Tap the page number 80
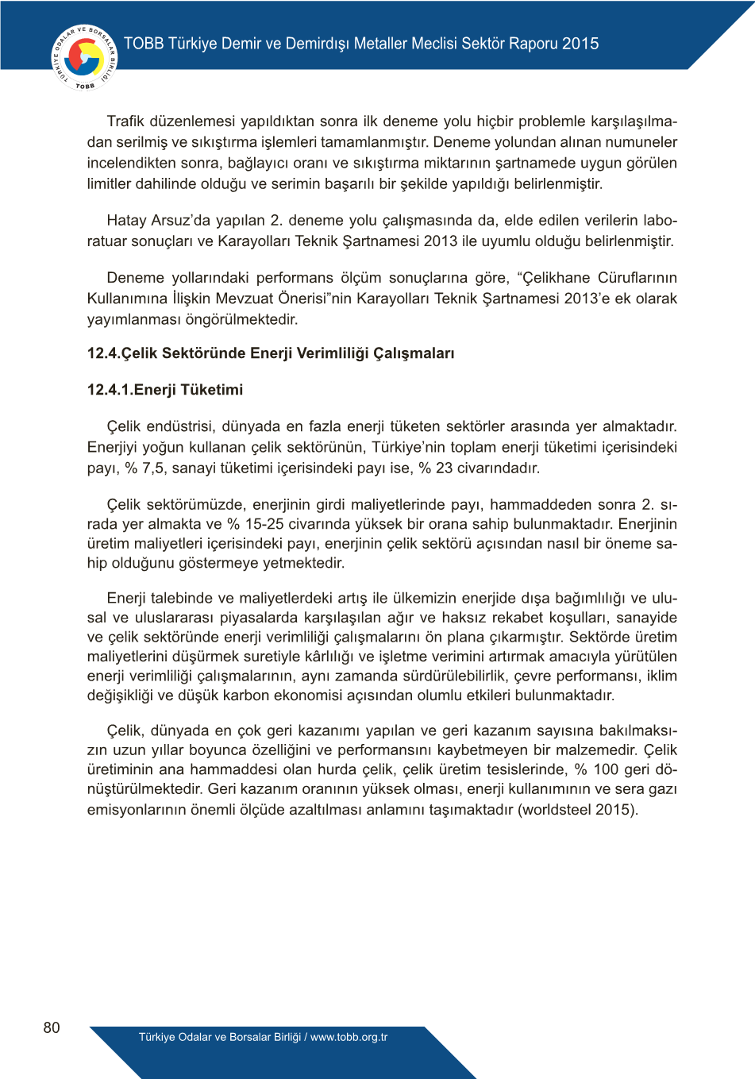52,1027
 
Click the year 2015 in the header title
580,44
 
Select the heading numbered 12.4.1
165,390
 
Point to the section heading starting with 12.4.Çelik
271,353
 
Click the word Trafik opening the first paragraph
126,121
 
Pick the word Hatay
127,221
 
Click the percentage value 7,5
155,468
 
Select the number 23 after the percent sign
445,468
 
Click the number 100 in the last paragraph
606,769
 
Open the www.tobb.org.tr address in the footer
349,1037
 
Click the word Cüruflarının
638,278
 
